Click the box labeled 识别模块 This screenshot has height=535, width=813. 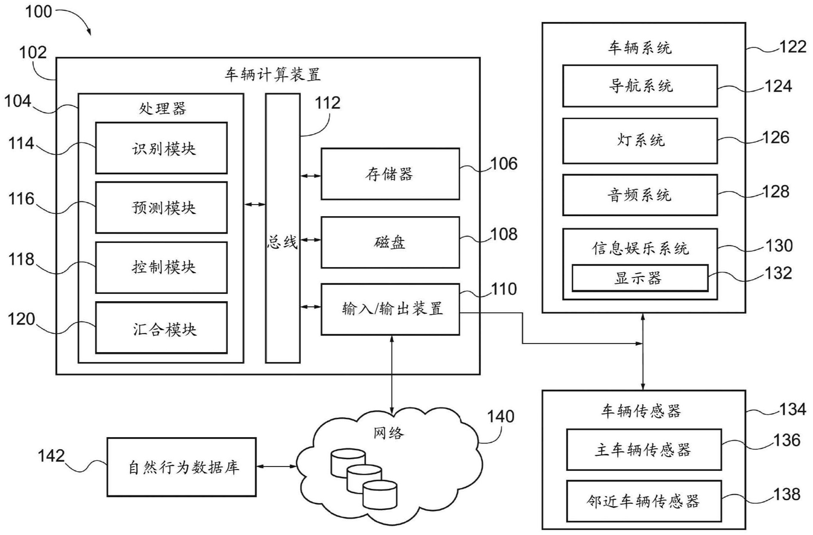(161, 148)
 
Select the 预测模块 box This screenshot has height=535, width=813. (161, 207)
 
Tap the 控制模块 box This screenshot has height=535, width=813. (161, 267)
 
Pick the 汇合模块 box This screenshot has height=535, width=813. (161, 328)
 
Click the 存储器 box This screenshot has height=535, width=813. (390, 174)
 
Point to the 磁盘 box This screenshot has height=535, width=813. (390, 243)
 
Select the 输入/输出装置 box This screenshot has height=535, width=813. (390, 309)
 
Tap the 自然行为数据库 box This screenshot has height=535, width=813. (181, 467)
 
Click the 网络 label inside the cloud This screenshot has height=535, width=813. (389, 433)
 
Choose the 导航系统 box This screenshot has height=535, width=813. (640, 86)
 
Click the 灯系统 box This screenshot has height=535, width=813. (640, 141)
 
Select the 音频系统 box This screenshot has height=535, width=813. (640, 195)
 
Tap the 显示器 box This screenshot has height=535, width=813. (640, 278)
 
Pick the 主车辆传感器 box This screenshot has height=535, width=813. (644, 450)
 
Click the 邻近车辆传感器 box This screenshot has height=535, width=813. (644, 501)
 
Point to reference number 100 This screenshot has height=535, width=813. (38, 12)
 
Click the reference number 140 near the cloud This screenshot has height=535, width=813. (500, 417)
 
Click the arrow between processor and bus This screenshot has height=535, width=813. (255, 204)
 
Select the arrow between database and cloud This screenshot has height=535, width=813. (276, 466)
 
